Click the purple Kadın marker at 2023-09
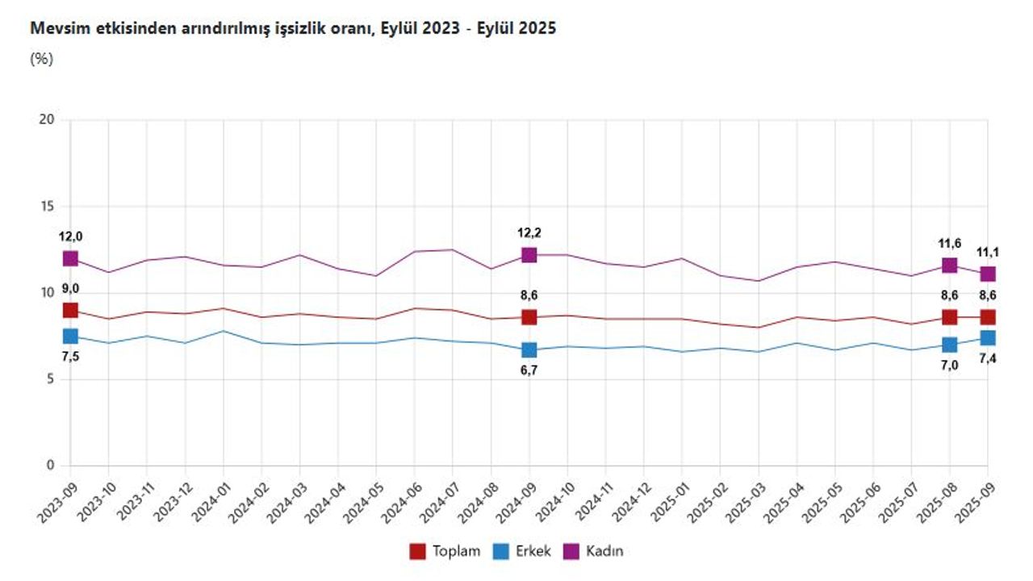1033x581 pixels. click(70, 258)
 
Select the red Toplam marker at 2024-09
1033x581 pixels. click(529, 317)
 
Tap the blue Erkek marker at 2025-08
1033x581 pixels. click(950, 345)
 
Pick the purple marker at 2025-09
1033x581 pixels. click(988, 274)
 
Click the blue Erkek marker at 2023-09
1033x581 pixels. click(70, 336)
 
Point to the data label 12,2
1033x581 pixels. click(529, 233)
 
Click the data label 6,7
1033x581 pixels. click(529, 370)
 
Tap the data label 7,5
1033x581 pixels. click(70, 357)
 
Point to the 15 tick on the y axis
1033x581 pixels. click(47, 207)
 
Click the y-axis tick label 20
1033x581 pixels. click(47, 120)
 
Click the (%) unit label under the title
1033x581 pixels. click(41, 59)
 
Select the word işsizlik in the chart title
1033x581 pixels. click(276, 28)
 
